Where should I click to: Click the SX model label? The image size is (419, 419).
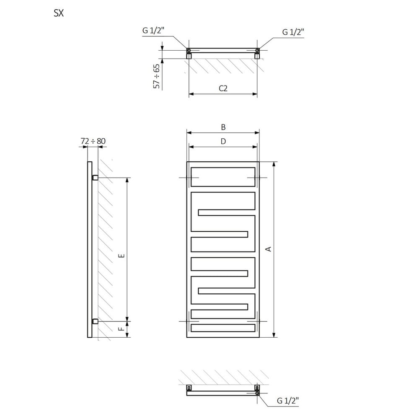pyautogui.click(x=59, y=13)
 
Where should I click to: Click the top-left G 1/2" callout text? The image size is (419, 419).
pyautogui.click(x=153, y=31)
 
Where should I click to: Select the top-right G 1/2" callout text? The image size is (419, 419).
pyautogui.click(x=293, y=32)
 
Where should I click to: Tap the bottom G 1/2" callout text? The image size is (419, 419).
pyautogui.click(x=288, y=401)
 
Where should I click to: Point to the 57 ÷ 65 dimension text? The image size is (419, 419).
pyautogui.click(x=156, y=76)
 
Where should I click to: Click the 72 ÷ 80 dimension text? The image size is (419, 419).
pyautogui.click(x=93, y=141)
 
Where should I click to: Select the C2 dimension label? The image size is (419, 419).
pyautogui.click(x=223, y=88)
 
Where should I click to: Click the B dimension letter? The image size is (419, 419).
pyautogui.click(x=223, y=127)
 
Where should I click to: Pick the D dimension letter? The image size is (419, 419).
pyautogui.click(x=223, y=141)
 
